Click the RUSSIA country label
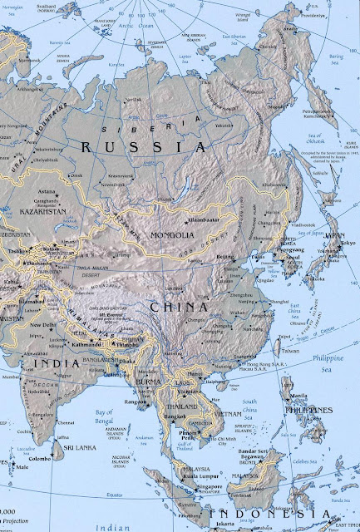pyautogui.click(x=143, y=147)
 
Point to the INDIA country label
pyautogui.click(x=57, y=363)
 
